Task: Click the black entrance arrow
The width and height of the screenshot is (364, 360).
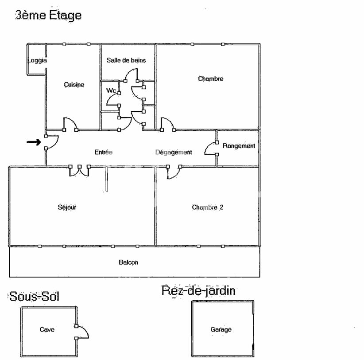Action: (34, 142)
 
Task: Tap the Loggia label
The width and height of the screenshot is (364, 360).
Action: (37, 60)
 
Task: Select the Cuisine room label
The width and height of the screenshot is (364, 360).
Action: (74, 85)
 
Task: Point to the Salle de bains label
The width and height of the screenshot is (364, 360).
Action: (126, 60)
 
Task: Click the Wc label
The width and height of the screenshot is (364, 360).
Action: (111, 90)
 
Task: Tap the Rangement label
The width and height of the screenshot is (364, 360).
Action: (239, 145)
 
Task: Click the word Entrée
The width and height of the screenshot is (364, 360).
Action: (104, 152)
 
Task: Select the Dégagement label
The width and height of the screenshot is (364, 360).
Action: (174, 152)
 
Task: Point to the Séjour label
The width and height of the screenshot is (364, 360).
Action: (67, 207)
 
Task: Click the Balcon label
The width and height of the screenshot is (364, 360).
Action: (128, 262)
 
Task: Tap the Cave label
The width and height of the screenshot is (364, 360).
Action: (47, 329)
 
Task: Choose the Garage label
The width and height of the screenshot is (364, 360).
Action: (221, 329)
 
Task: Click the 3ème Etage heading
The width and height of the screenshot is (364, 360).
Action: (48, 15)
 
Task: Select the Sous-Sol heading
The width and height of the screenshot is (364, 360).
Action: (34, 296)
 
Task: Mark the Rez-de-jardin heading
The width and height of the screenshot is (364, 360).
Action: (198, 291)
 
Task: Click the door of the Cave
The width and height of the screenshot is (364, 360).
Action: (82, 332)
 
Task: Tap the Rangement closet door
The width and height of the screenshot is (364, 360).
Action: (210, 149)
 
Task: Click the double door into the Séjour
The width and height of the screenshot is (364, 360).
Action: (79, 171)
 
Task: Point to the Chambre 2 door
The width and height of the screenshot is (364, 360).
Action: (173, 172)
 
